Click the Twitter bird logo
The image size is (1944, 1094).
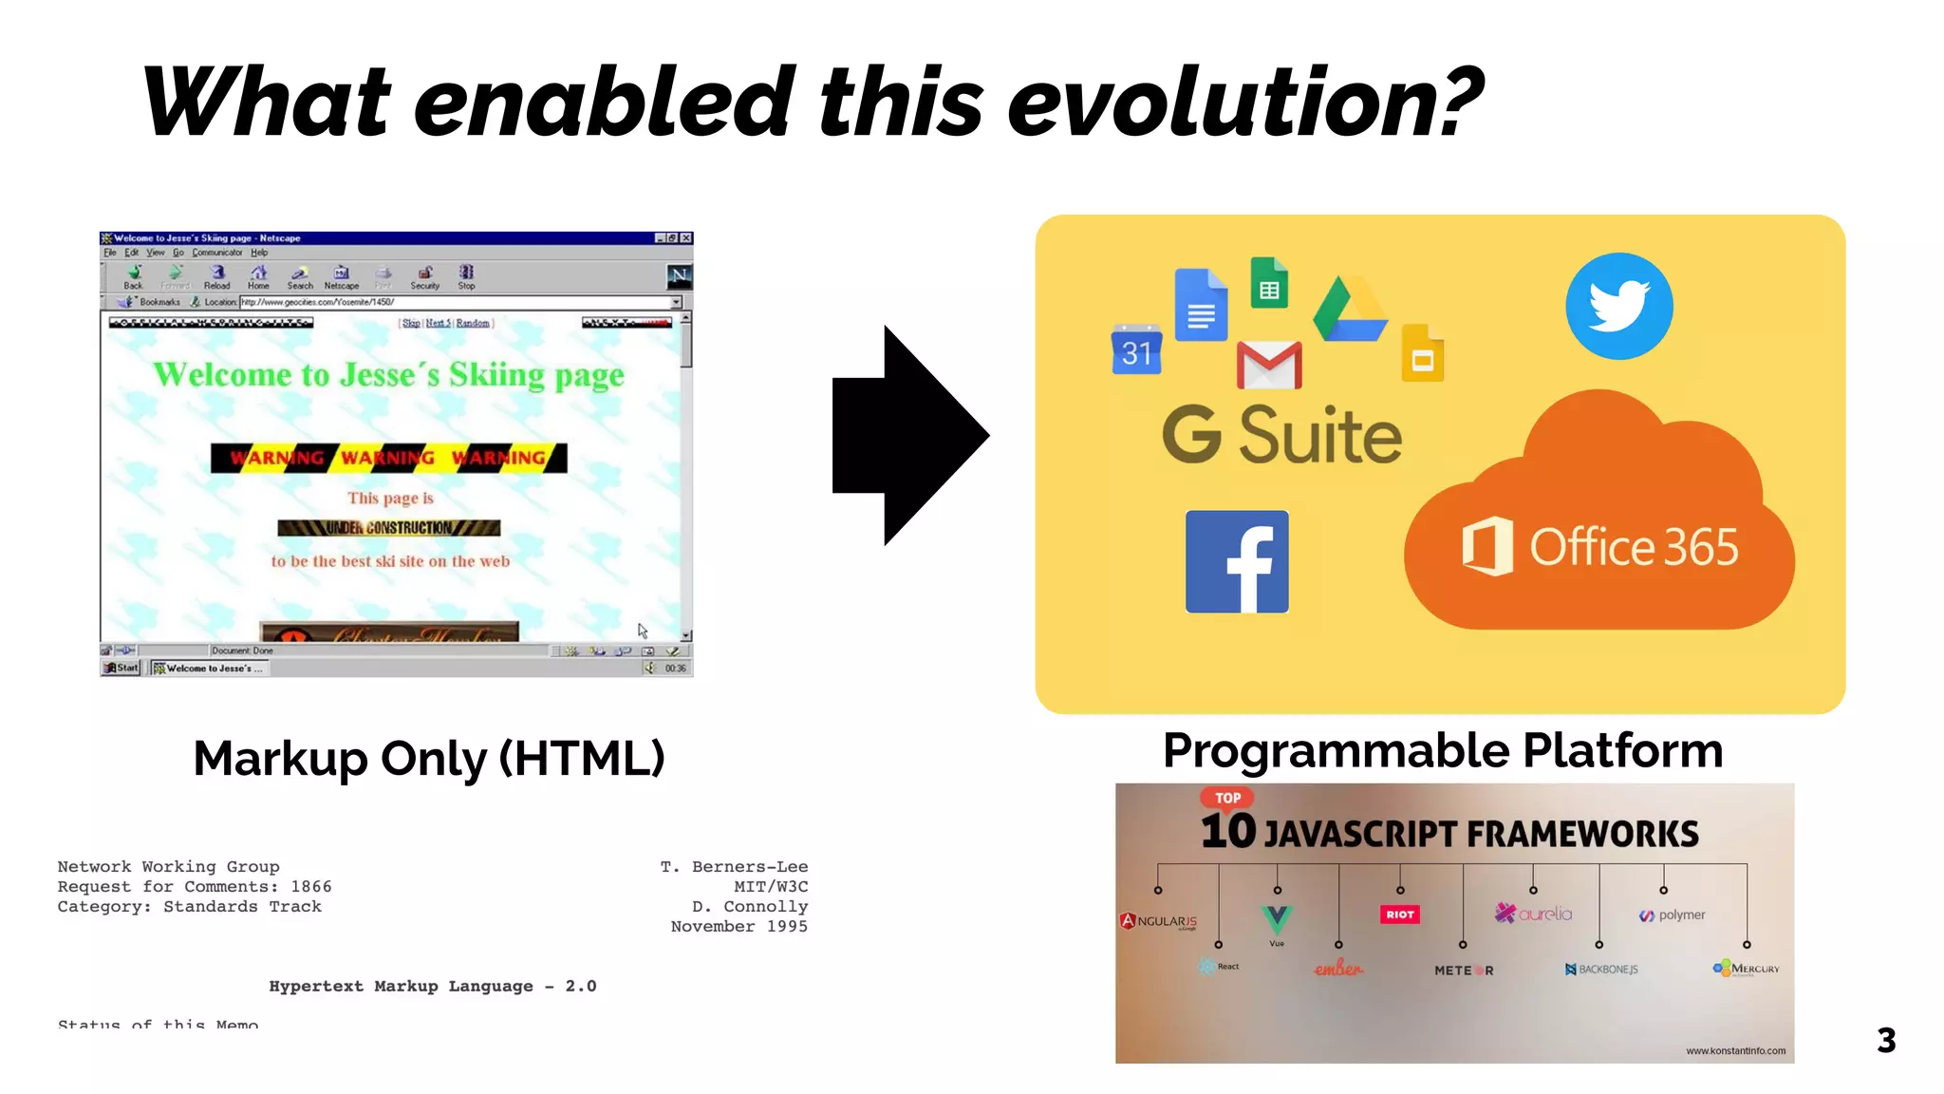tap(1618, 306)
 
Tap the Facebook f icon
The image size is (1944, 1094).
tap(1237, 561)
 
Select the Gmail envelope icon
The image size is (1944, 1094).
tap(1269, 366)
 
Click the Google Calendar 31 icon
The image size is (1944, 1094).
tap(1136, 349)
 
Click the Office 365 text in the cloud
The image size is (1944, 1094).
tap(1633, 547)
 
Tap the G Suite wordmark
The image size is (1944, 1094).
tap(1281, 436)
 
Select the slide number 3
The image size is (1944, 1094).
tap(1885, 1041)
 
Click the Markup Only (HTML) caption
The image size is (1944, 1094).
tap(429, 759)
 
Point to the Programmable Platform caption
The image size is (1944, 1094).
tap(1442, 751)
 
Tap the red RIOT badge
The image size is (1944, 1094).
tap(1399, 915)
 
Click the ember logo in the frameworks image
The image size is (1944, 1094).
tap(1337, 969)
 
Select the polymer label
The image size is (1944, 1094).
tap(1681, 915)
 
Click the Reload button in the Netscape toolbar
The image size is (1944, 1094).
tap(216, 277)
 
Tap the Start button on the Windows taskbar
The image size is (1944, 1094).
tap(121, 668)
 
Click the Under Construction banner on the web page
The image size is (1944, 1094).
tap(389, 528)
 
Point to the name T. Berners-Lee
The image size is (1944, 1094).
tap(734, 867)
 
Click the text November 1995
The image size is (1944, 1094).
tap(738, 927)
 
